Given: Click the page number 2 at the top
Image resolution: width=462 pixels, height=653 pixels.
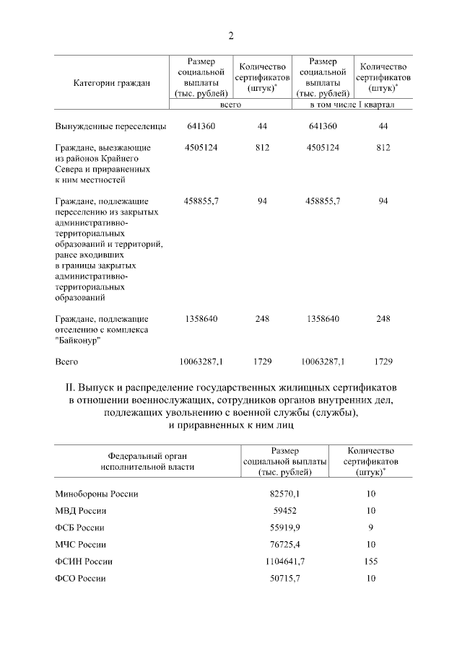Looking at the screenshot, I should [231, 36].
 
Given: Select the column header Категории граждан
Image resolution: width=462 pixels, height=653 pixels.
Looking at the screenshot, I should [111, 83].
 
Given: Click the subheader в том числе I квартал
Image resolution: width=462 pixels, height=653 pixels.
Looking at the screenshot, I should [351, 105].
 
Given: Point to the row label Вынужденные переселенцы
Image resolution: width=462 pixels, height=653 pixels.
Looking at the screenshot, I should [111, 126].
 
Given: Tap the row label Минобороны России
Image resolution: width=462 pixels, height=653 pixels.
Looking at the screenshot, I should [97, 494].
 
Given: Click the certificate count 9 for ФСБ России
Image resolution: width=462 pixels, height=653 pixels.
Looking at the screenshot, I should [370, 527].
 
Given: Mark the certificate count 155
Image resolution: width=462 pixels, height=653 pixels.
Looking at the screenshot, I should [370, 561].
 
